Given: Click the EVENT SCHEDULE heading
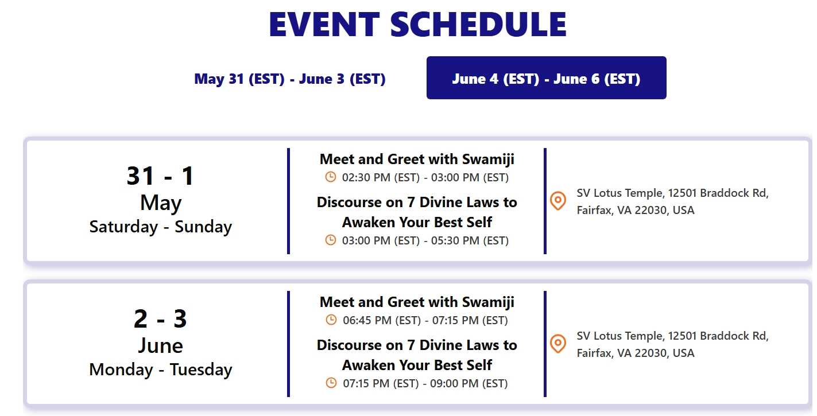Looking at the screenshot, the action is tap(417, 24).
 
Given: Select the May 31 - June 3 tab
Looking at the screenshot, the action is tap(290, 79).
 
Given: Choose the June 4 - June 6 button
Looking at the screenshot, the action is tap(547, 77).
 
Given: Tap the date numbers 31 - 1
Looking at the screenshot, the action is tap(160, 176).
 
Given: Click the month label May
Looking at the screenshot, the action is tap(161, 203).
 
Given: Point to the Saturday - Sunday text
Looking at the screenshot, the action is tap(161, 227).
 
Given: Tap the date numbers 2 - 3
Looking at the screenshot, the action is tap(160, 318).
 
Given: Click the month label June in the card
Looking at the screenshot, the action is tap(161, 345).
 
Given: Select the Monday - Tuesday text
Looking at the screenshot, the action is tap(161, 370).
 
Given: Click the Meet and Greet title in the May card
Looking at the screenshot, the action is tap(417, 159).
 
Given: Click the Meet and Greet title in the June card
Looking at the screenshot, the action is tap(417, 302).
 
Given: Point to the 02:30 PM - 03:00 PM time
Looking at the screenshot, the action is tap(425, 177).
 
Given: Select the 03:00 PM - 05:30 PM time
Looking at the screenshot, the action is tap(425, 240).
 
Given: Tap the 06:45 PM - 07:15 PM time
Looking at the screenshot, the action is tap(425, 321).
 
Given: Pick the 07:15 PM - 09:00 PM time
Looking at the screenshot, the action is tap(425, 383).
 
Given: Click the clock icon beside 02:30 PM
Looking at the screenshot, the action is tap(331, 177).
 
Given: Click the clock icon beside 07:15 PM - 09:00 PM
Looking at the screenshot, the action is tap(331, 383).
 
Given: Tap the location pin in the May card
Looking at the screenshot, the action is tap(558, 201).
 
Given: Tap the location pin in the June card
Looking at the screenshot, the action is tap(558, 344).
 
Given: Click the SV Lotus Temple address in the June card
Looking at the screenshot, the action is tap(672, 344).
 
